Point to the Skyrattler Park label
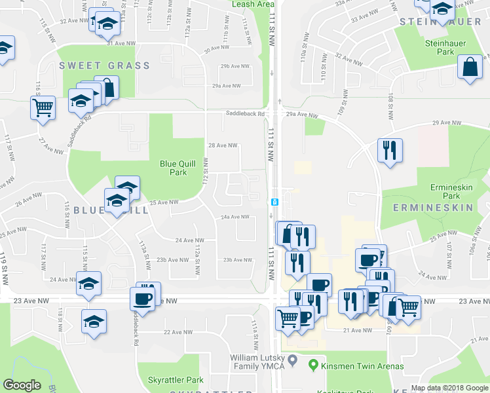click(176, 380)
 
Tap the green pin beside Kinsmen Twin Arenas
click(314, 365)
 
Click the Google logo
click(22, 386)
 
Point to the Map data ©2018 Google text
click(449, 388)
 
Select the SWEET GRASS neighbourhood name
click(105, 65)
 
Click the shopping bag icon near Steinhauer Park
click(470, 67)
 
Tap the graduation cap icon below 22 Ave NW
click(94, 322)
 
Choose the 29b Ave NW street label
click(235, 66)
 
